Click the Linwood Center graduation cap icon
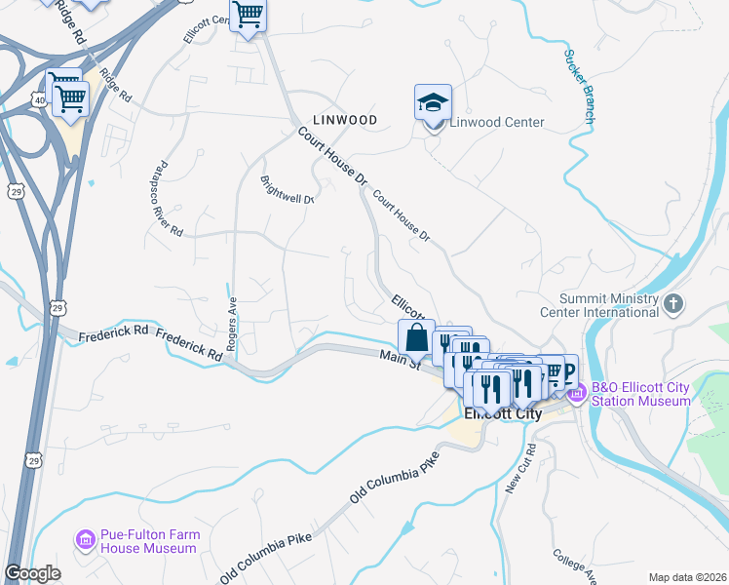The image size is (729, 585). [433, 102]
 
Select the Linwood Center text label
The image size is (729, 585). [497, 123]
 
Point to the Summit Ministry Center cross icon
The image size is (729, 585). [672, 305]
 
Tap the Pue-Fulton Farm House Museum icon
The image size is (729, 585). [85, 539]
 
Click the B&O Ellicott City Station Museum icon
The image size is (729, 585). [575, 394]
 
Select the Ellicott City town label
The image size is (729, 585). [502, 412]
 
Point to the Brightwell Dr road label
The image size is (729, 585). [288, 189]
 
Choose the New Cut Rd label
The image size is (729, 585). [521, 468]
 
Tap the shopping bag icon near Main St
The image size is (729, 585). [416, 337]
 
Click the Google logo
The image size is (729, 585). [32, 573]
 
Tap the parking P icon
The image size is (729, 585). [564, 368]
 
